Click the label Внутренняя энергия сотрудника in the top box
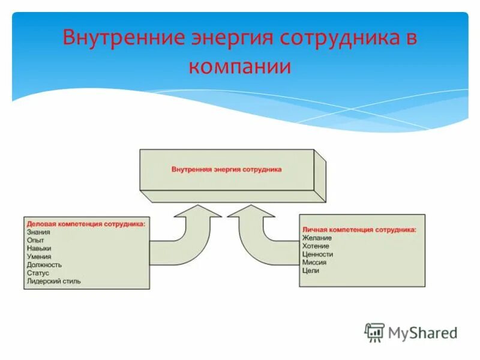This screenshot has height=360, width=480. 227,170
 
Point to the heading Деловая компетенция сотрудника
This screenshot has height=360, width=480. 85,223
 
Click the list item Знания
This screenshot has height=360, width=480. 38,232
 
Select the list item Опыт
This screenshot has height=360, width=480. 35,239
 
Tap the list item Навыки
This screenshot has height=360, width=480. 39,248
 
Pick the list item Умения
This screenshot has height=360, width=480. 39,256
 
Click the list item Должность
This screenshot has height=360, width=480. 44,265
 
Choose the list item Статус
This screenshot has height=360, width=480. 37,272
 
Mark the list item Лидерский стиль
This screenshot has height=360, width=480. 53,281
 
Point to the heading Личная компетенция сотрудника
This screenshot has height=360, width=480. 359,230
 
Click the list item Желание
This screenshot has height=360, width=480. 317,238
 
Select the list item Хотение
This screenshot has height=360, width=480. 316,246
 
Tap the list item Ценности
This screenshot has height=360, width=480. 317,254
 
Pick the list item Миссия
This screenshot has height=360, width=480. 314,263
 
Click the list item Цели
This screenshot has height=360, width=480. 311,271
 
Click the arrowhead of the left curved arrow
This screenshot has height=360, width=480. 197,211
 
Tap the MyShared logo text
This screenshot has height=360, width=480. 422,332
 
